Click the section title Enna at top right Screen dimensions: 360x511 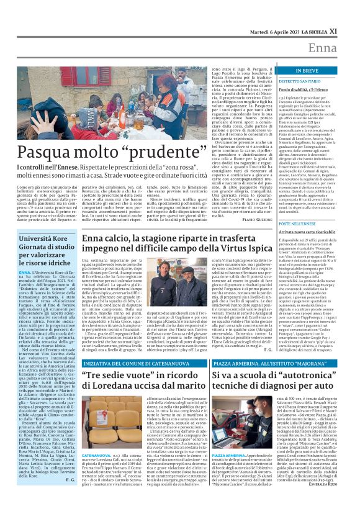[x=339, y=48]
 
